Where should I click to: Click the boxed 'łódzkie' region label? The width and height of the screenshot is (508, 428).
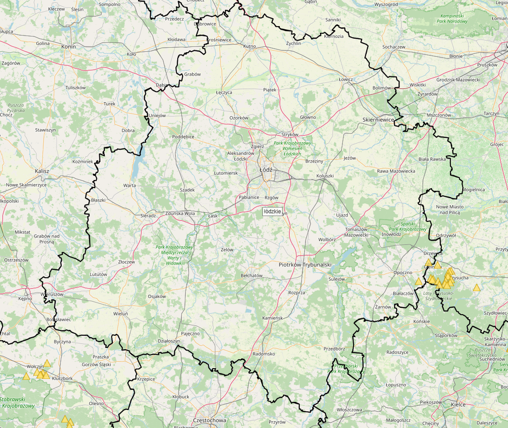pos(273,211)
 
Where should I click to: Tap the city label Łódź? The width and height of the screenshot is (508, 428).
pos(265,170)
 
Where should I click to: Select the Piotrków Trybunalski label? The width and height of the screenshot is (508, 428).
pos(305,265)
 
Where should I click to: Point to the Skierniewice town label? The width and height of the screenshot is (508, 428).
pos(378,120)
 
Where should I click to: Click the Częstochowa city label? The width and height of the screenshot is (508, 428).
pos(209,420)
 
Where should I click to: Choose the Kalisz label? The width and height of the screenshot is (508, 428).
pos(41,171)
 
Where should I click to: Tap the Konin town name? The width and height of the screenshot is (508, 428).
pos(69,46)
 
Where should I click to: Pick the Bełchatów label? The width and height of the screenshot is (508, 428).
pos(252,275)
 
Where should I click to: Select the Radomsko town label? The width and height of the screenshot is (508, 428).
pos(264,354)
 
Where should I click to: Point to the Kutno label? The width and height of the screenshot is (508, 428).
pos(249,46)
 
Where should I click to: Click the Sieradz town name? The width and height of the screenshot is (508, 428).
pos(148,216)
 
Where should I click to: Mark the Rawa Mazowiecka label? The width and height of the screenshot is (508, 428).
pos(396,171)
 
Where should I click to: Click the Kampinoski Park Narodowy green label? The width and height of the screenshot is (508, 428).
pos(453,18)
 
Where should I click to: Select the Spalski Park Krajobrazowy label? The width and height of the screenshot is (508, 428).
pos(414,226)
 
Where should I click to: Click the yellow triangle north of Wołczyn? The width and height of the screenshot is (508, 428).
pos(47,363)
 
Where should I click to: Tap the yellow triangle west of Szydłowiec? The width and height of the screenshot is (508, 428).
pos(477,287)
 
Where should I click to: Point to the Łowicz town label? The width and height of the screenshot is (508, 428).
pos(346,79)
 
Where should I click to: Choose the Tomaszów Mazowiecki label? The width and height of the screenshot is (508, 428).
pos(356,232)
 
